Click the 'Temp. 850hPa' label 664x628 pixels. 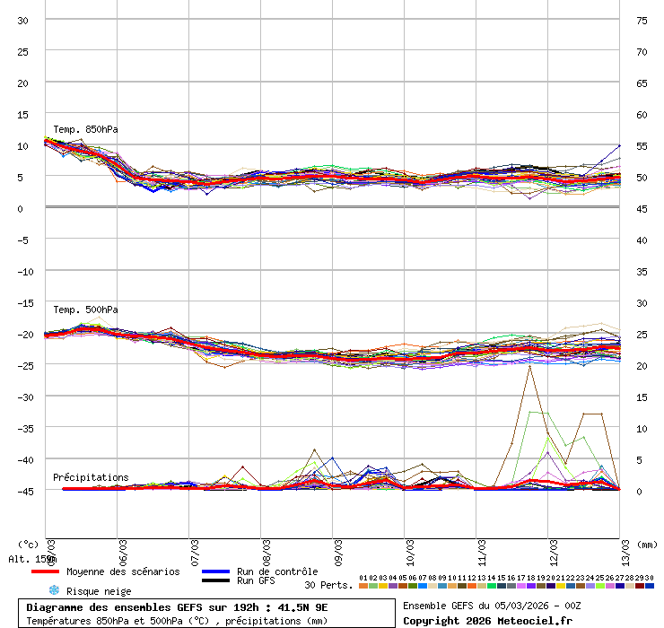pyautogui.click(x=85, y=129)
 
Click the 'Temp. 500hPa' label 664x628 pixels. pyautogui.click(x=85, y=310)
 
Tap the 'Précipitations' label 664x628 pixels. pyautogui.click(x=91, y=477)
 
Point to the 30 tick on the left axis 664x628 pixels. pyautogui.click(x=23, y=20)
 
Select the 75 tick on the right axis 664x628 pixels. pyautogui.click(x=642, y=20)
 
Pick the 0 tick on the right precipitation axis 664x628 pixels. pyautogui.click(x=640, y=491)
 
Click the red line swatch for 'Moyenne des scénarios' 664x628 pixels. pyautogui.click(x=45, y=571)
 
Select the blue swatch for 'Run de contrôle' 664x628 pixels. pyautogui.click(x=215, y=571)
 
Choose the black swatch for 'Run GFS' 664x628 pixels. pyautogui.click(x=215, y=580)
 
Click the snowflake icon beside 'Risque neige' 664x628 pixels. pyautogui.click(x=53, y=590)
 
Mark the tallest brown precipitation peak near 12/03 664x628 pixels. pyautogui.click(x=529, y=366)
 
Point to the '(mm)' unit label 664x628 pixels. pyautogui.click(x=647, y=544)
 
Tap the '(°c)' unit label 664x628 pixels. pyautogui.click(x=29, y=544)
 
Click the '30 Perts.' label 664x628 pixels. pyautogui.click(x=328, y=585)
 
